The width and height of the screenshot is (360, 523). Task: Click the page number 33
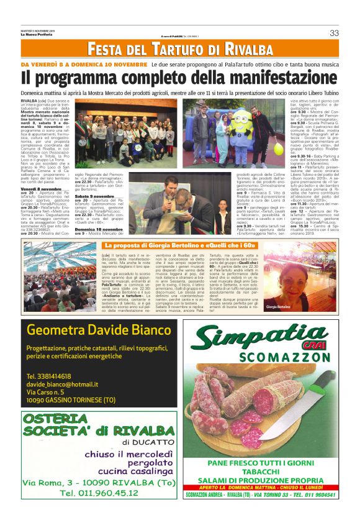(x=334, y=33)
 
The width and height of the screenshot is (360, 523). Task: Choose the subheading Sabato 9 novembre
(x=95, y=196)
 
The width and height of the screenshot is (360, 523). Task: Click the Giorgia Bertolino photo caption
(x=277, y=307)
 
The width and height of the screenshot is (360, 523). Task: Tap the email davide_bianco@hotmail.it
(x=63, y=384)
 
